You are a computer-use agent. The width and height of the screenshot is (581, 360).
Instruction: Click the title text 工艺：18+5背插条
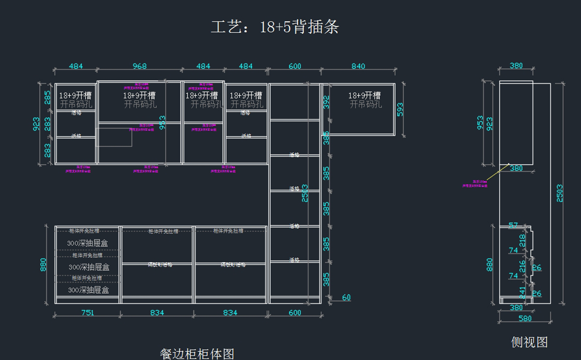[x=275, y=27]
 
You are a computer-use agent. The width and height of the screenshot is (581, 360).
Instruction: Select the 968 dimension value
[x=139, y=66]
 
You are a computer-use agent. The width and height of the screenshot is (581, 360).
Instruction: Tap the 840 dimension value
[x=358, y=66]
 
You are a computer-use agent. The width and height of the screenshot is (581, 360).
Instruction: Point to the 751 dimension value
[x=87, y=313]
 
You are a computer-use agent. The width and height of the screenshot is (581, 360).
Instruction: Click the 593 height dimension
[x=399, y=110]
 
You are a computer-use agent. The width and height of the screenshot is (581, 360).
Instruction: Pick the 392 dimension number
[x=326, y=102]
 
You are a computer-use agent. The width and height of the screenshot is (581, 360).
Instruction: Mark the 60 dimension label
[x=346, y=297]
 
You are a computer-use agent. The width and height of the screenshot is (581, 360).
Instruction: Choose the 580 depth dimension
[x=525, y=318]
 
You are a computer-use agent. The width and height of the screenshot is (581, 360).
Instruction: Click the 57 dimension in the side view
[x=513, y=225]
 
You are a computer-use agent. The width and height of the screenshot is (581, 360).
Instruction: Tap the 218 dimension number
[x=522, y=240]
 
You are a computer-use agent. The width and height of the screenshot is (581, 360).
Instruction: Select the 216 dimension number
[x=522, y=266]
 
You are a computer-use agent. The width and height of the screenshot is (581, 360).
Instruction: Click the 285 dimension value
[x=47, y=97]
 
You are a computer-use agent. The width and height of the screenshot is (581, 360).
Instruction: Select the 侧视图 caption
[x=529, y=342]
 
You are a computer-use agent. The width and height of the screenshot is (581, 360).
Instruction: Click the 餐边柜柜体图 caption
[x=197, y=354]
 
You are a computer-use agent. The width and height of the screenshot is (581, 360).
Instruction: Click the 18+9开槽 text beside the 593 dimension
[x=364, y=96]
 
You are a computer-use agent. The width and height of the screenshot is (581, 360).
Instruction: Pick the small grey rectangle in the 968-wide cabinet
[x=114, y=136]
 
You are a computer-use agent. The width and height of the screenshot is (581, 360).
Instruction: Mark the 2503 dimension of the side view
[x=560, y=193]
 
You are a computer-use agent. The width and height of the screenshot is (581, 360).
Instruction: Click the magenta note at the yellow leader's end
[x=474, y=183]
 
